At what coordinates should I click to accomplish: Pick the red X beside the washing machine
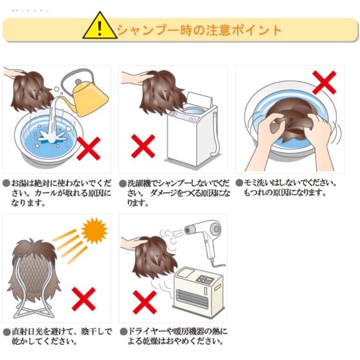coord(143,146)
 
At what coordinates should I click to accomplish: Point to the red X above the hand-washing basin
coord(324,82)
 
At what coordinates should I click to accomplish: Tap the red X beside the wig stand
coord(84,299)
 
